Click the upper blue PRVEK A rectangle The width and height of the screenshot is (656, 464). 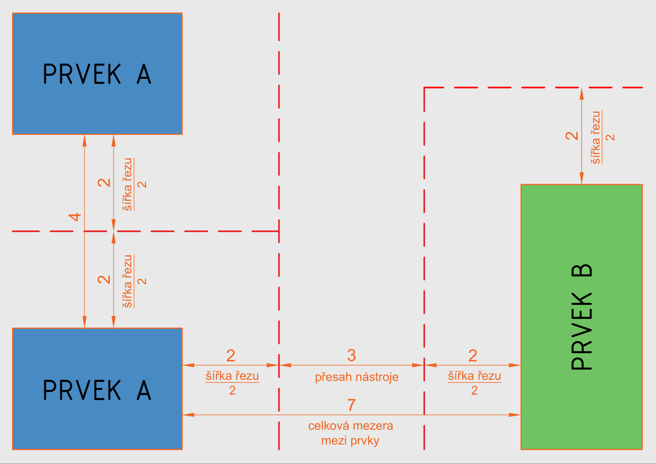[97, 39]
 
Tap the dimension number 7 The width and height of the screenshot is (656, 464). [351, 405]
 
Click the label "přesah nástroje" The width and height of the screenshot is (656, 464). [356, 377]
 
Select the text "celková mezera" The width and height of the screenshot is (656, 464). [350, 426]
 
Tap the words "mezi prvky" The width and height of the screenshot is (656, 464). [350, 441]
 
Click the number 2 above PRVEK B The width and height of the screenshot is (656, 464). [572, 136]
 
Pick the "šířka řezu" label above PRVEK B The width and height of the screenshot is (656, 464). [596, 137]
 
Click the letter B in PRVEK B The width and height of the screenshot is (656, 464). [582, 271]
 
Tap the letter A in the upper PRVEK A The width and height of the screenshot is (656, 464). [144, 74]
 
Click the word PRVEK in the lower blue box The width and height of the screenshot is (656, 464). [82, 390]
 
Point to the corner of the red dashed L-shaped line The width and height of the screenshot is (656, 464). [424, 88]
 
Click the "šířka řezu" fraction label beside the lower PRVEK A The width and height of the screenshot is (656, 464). [232, 376]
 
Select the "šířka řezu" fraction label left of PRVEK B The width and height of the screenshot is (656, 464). [474, 376]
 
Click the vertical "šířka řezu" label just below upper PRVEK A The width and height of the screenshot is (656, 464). [128, 184]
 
